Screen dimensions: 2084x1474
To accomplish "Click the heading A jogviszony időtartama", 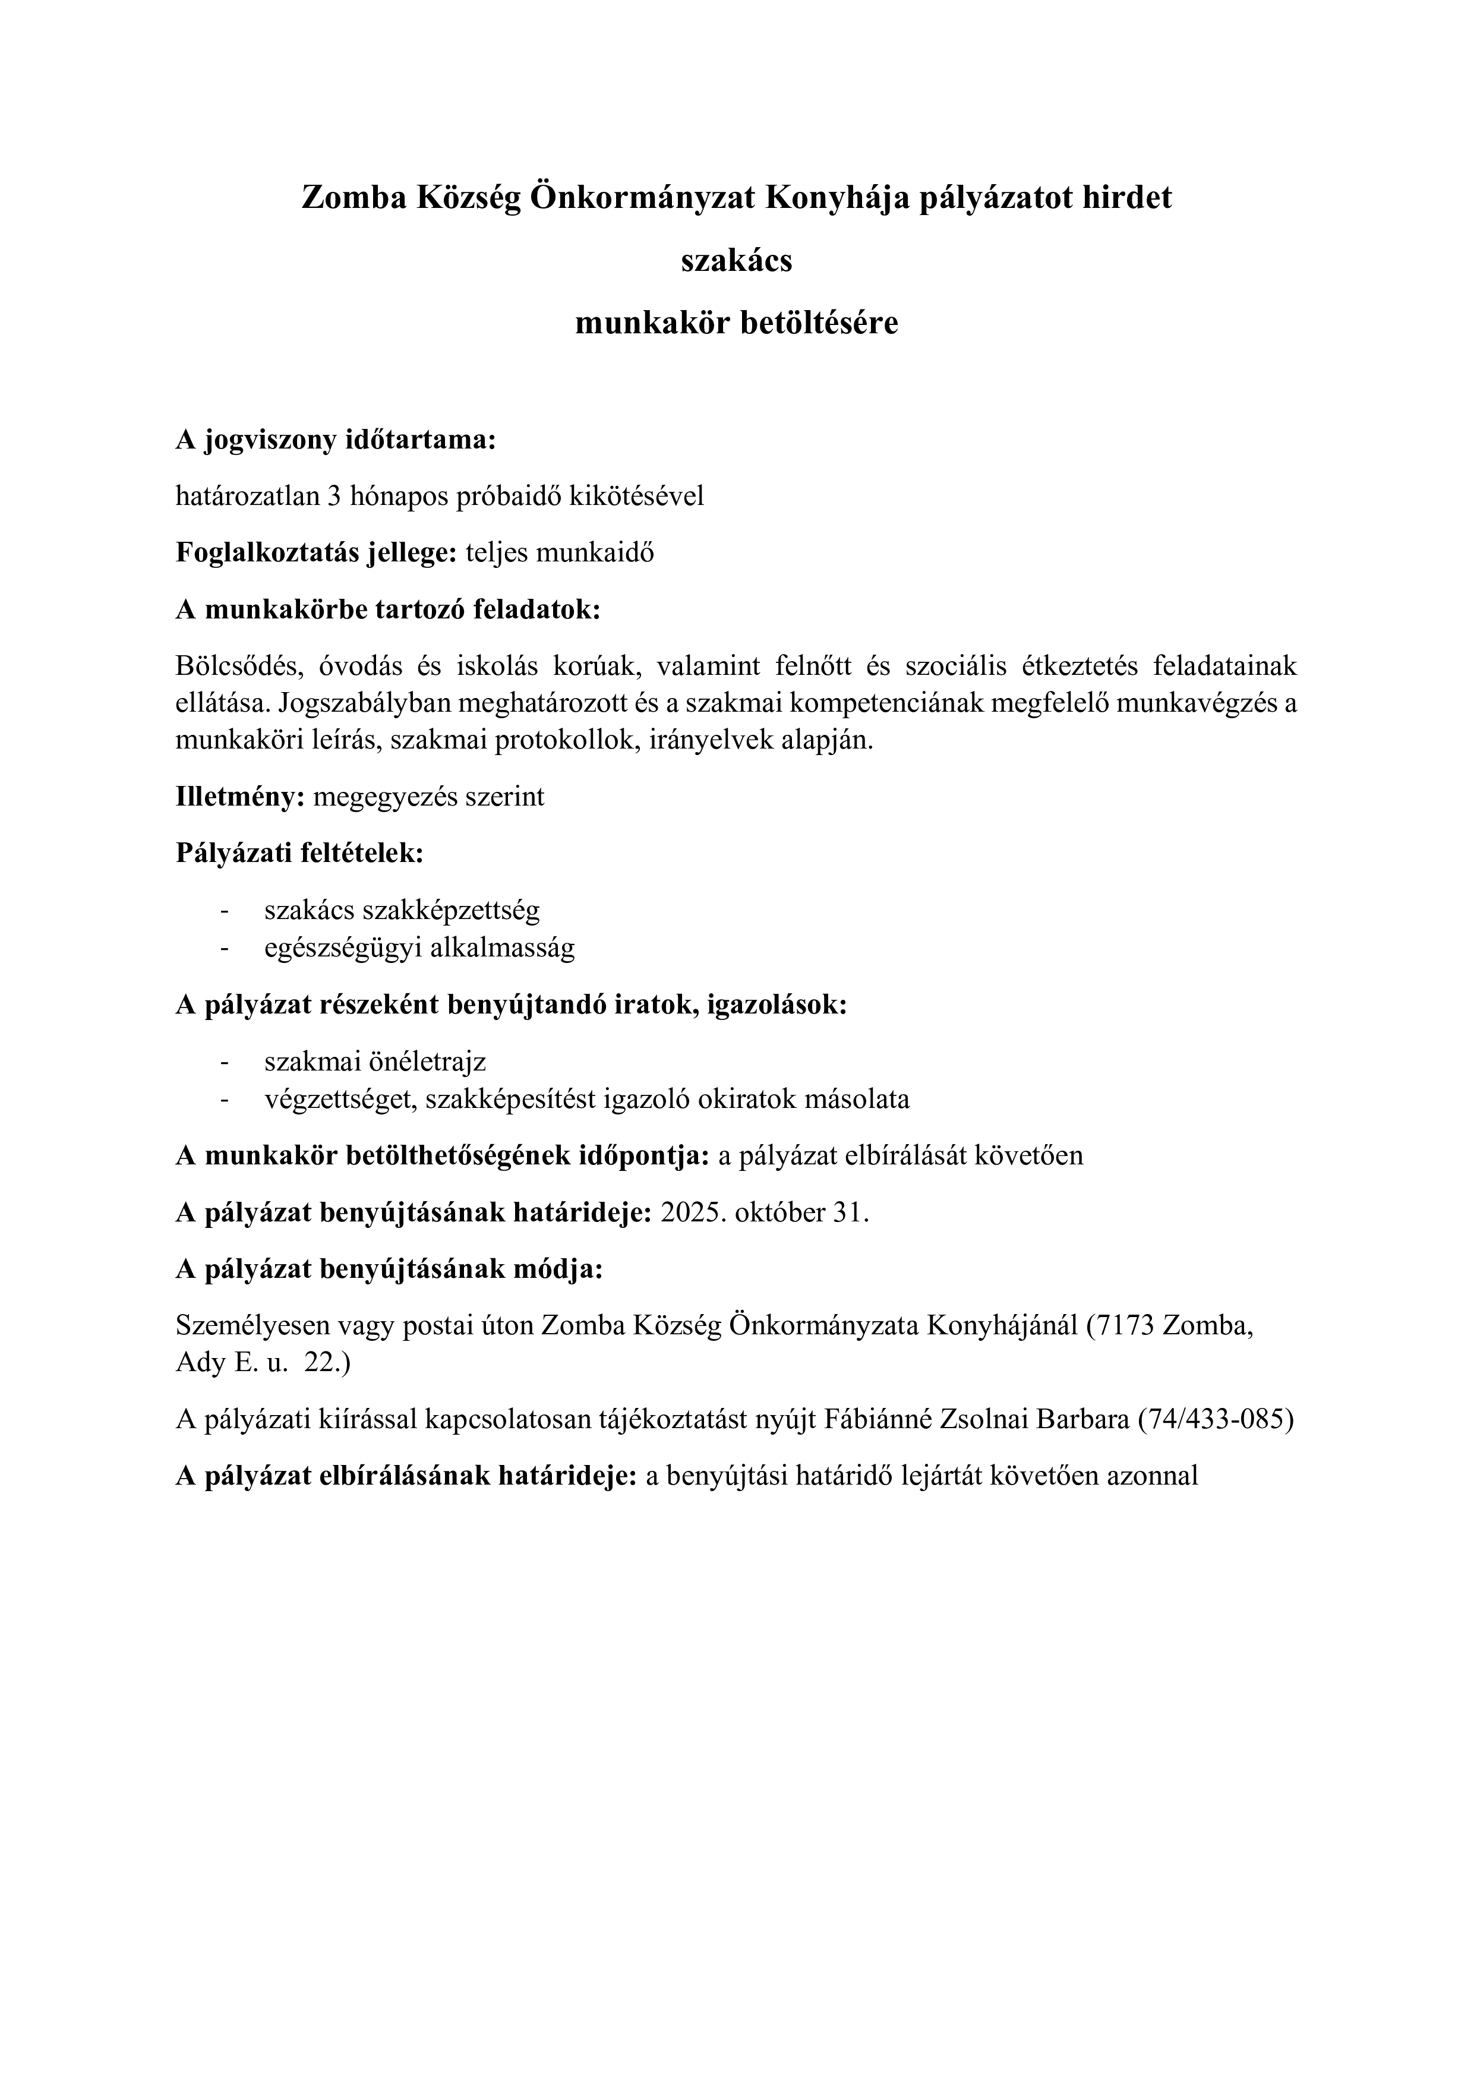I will click(336, 441).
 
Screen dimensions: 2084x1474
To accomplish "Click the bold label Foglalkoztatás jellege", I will click(316, 552).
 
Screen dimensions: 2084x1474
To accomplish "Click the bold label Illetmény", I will click(239, 797).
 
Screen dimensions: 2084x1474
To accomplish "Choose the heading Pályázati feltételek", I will click(299, 853).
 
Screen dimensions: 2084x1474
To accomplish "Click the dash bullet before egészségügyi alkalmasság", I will click(223, 949).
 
